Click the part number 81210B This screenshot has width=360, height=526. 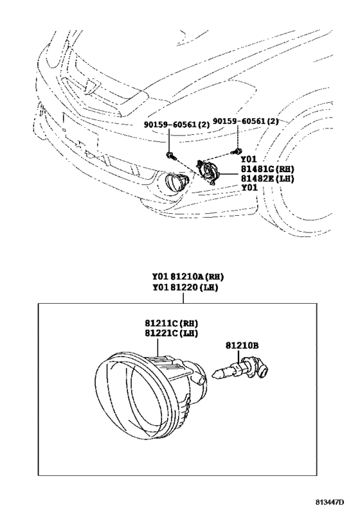(243, 346)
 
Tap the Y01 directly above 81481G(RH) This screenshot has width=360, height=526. (248, 159)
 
